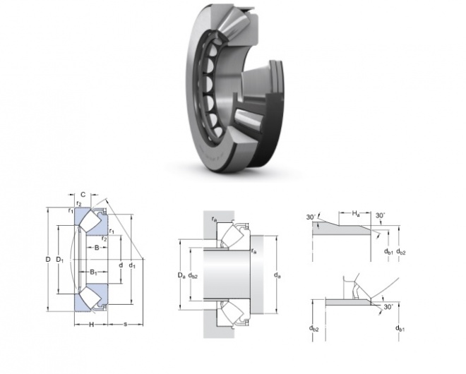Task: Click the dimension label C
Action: [83, 195]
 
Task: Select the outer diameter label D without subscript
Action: [48, 260]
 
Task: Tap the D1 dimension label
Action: [60, 260]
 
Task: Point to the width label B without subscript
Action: [97, 247]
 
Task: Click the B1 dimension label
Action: [94, 272]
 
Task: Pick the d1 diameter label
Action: [132, 265]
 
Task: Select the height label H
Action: [92, 325]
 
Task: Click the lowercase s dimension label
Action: [126, 324]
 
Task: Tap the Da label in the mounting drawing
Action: [181, 276]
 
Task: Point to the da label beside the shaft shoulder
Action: [277, 276]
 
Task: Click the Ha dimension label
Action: [356, 213]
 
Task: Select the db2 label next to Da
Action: [193, 276]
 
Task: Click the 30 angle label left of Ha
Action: [311, 217]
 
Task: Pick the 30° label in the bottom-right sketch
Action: [388, 307]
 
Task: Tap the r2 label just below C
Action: [79, 203]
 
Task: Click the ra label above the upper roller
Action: [214, 219]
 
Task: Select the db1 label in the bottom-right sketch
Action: [400, 328]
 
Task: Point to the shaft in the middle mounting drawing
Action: [226, 275]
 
